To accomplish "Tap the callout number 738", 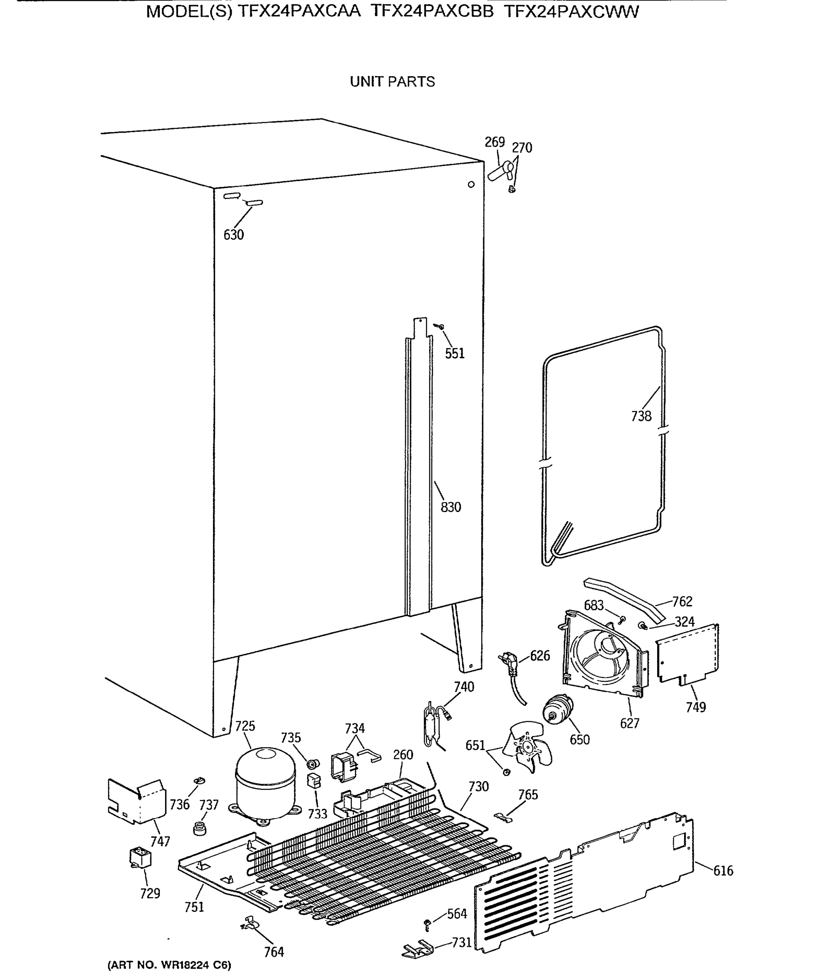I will pyautogui.click(x=641, y=416).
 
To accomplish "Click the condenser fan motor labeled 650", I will pyautogui.click(x=558, y=709).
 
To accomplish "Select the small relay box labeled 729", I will pyautogui.click(x=140, y=858).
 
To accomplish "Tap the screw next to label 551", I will pyautogui.click(x=439, y=327).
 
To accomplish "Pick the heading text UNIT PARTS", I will pyautogui.click(x=392, y=81).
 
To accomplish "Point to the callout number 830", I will pyautogui.click(x=451, y=507).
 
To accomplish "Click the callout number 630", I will pyautogui.click(x=233, y=235).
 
